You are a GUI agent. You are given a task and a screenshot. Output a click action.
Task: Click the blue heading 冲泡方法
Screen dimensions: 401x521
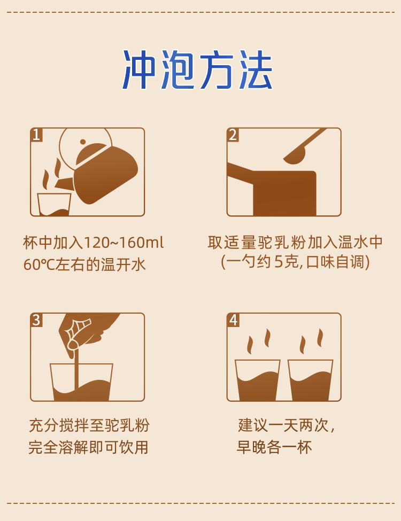point(198,70)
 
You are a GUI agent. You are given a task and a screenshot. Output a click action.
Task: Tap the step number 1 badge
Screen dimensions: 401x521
point(36,135)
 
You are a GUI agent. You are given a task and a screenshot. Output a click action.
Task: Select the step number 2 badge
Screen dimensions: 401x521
point(233,135)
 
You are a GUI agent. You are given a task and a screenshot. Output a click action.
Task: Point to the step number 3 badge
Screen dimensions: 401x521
point(36,320)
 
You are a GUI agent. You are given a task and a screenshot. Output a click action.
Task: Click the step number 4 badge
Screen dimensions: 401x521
point(233,320)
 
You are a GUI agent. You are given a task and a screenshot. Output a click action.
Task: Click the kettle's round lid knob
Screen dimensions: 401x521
point(83,142)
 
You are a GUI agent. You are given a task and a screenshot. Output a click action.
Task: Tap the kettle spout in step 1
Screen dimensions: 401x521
point(64,184)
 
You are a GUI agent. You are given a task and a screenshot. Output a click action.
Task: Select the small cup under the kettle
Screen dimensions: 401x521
point(54,204)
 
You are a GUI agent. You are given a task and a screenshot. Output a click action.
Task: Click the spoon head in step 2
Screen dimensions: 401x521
point(295,157)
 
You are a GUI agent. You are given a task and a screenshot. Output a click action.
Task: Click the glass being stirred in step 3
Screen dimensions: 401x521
point(81,382)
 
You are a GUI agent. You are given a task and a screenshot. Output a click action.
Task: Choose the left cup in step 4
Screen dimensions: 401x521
point(257,380)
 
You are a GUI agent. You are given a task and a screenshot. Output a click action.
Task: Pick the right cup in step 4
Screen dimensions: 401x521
point(310,380)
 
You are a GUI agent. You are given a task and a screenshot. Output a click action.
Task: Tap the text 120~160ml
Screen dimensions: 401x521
point(124,243)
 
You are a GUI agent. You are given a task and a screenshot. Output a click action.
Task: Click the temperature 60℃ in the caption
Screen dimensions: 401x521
point(39,265)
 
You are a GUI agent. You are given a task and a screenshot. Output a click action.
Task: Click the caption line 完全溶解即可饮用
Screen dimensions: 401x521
point(88,447)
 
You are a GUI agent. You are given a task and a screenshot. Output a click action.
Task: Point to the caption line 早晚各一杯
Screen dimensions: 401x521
point(274,447)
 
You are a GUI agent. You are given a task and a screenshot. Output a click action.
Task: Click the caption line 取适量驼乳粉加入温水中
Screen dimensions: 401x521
point(295,243)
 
